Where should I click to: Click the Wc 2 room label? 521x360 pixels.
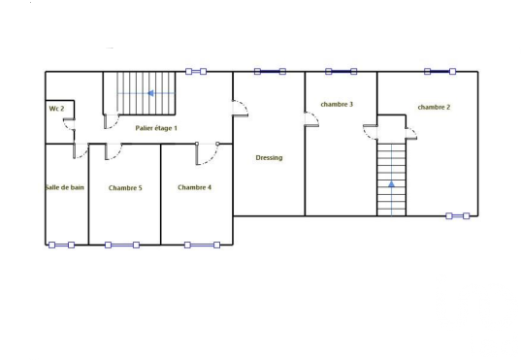(x=56, y=109)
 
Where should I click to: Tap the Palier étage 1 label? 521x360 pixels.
(x=156, y=128)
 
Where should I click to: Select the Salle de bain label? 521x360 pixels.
(x=65, y=187)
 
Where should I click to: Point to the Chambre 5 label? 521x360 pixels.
(x=125, y=188)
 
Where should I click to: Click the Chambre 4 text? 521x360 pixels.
(x=194, y=187)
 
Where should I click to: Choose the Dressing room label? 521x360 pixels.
(x=269, y=158)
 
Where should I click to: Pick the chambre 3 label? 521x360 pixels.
(x=337, y=105)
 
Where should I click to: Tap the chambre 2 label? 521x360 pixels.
(x=434, y=107)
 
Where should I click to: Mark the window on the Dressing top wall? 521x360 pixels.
(x=270, y=72)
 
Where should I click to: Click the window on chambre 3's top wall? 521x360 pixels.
(x=342, y=72)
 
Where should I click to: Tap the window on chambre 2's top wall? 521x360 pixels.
(x=440, y=72)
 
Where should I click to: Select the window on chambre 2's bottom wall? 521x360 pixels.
(x=458, y=216)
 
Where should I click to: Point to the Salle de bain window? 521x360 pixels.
(x=61, y=245)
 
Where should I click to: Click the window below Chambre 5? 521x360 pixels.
(x=122, y=245)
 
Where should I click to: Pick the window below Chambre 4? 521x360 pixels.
(x=202, y=245)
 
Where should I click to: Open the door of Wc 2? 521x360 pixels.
(x=69, y=124)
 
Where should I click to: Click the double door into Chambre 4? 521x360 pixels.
(x=207, y=153)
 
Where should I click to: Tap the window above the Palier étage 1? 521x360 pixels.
(x=196, y=72)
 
